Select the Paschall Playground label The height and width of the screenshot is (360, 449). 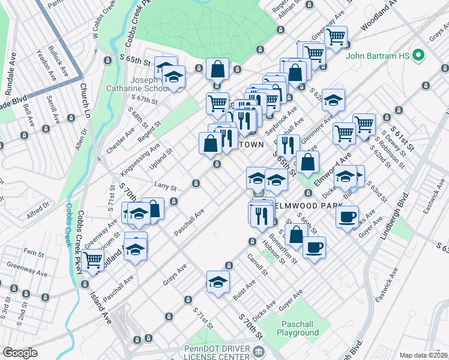pyautogui.click(x=297, y=328)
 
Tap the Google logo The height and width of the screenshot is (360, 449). pyautogui.click(x=20, y=353)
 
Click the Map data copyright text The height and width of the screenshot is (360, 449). pyautogui.click(x=424, y=355)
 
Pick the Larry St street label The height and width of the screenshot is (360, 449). pyautogui.click(x=165, y=188)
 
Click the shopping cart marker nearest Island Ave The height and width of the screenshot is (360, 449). pyautogui.click(x=92, y=260)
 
